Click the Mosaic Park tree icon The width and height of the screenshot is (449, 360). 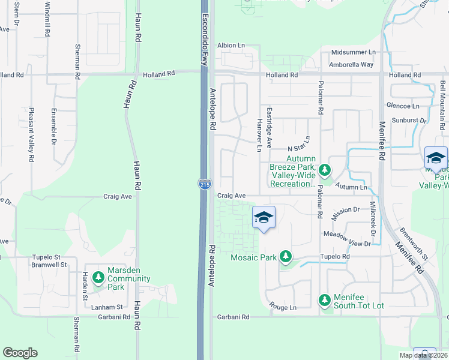coord(286,257)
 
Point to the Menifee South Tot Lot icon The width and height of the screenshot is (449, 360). coord(325,299)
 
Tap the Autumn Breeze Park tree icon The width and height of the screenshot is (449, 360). coord(325,170)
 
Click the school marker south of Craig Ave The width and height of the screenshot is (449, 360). coord(264,217)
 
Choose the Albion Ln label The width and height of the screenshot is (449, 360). coord(231,45)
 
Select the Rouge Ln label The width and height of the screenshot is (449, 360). coord(283,307)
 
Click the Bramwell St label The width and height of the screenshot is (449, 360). coord(51,264)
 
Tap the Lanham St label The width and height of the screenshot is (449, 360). coord(109,307)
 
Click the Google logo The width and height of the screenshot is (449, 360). coord(20,353)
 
